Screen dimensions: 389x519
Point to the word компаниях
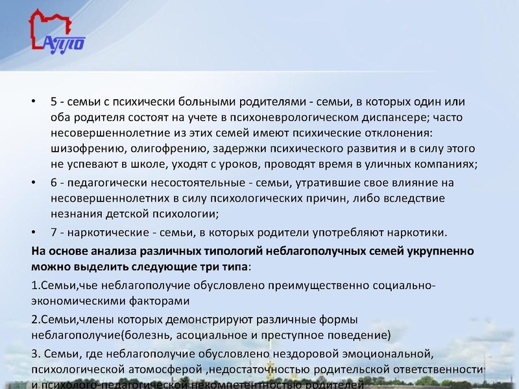pyautogui.click(x=443, y=164)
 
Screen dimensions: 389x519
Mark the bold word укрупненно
pyautogui.click(x=439, y=250)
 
